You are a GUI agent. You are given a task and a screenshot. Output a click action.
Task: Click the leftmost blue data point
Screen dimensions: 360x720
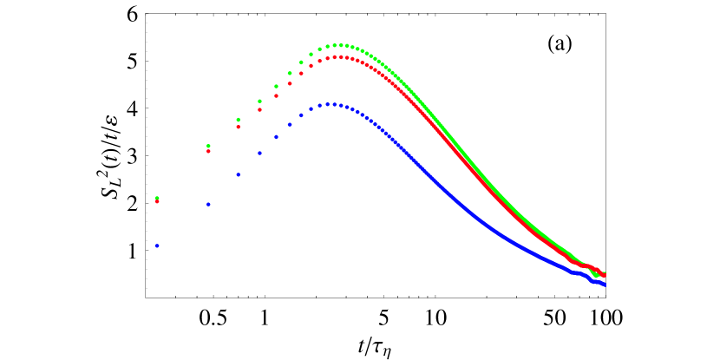tap(157, 245)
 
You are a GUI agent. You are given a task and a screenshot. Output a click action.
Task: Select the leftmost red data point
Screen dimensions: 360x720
tap(157, 201)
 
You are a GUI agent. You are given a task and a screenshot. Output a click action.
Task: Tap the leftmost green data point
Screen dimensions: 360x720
tap(157, 198)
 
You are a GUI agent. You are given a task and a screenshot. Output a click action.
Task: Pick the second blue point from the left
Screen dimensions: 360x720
tap(208, 204)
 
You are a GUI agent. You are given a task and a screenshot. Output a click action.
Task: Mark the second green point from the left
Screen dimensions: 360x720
tap(208, 146)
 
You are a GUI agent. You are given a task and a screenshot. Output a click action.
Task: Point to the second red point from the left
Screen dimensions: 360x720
tap(208, 151)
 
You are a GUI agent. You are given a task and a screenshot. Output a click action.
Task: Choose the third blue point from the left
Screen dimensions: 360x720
tap(238, 174)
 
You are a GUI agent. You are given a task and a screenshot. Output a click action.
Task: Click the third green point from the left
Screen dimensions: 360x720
tap(238, 120)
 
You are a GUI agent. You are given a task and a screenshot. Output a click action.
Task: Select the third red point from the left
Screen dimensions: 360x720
tap(238, 127)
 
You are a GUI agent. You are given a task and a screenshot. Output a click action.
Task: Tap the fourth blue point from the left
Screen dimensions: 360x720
tap(259, 153)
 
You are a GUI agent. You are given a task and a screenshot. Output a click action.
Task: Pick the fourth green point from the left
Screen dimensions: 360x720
tap(259, 101)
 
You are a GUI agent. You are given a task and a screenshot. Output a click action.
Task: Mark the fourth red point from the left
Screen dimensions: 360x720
tap(259, 109)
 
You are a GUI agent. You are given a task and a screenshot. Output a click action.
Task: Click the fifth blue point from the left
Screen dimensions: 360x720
tap(276, 136)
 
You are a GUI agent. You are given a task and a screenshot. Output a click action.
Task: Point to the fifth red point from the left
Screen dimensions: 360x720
tap(276, 95)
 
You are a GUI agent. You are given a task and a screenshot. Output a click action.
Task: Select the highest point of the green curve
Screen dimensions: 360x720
tap(341, 45)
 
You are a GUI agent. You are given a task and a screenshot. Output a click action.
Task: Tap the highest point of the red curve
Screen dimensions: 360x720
tap(338, 57)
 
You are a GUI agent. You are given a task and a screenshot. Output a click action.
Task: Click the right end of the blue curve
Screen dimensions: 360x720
tap(605, 285)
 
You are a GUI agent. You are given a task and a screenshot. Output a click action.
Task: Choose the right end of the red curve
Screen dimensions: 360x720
tap(605, 273)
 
